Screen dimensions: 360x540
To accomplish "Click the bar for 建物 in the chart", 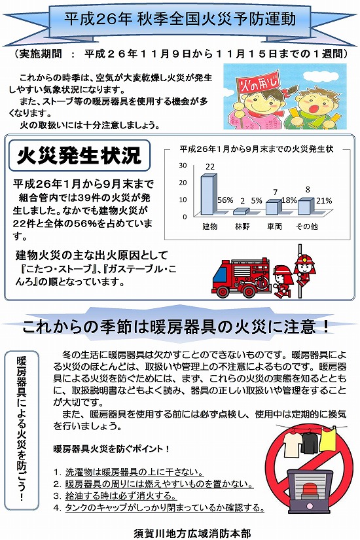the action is click(x=209, y=194).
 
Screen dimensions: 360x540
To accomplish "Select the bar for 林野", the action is click(x=241, y=211).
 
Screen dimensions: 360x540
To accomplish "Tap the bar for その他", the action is click(x=306, y=206).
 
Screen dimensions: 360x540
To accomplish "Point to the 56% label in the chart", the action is click(x=225, y=200).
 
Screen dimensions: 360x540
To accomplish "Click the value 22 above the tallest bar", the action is click(x=210, y=167).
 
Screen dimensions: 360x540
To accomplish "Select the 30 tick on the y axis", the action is click(x=183, y=165).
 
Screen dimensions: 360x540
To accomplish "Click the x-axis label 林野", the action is click(x=242, y=226).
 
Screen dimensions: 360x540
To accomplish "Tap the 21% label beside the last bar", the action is click(x=324, y=200).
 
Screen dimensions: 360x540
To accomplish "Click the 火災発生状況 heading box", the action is click(x=79, y=155).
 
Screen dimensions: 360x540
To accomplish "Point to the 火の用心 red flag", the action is click(x=259, y=83).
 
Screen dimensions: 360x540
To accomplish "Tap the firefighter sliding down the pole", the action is click(x=304, y=269).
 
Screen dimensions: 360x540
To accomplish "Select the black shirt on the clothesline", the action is click(x=310, y=442).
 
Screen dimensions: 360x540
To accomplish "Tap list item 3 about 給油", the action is click(x=115, y=495).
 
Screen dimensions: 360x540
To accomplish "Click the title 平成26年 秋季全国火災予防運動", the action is click(x=180, y=19).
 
